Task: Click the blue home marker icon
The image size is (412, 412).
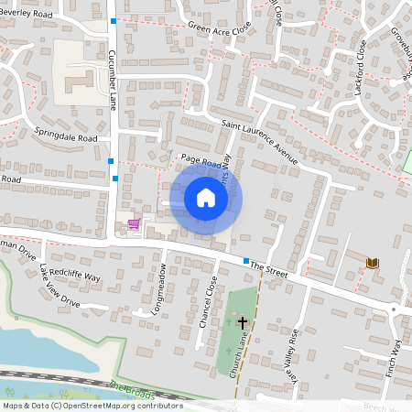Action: [x=206, y=198]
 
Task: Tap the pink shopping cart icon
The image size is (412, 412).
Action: [x=134, y=223]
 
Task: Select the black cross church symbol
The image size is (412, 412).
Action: [x=243, y=322]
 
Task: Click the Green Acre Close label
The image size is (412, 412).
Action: [x=219, y=27]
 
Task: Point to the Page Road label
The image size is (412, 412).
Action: [x=201, y=161]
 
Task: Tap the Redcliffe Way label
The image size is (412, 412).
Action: [x=81, y=276]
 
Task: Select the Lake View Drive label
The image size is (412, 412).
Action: [x=60, y=294]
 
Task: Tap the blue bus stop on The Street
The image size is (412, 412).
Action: [x=246, y=261]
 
